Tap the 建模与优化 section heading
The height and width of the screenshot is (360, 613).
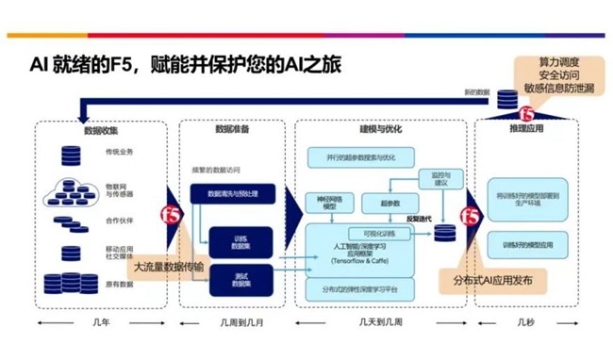tap(381, 129)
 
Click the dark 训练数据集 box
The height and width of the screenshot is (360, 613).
tap(241, 240)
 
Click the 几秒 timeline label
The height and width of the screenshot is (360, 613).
tap(525, 321)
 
